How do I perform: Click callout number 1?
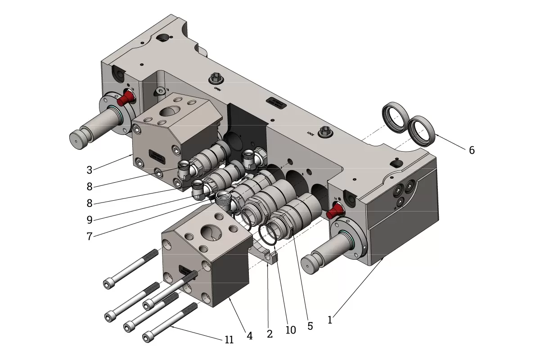click(x=330, y=320)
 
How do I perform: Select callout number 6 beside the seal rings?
click(x=472, y=150)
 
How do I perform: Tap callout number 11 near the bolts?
click(x=229, y=340)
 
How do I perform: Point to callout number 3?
click(x=90, y=170)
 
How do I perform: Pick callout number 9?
click(x=90, y=220)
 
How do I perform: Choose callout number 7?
click(x=90, y=236)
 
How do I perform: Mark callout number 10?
click(x=291, y=330)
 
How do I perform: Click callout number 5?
click(x=310, y=326)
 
